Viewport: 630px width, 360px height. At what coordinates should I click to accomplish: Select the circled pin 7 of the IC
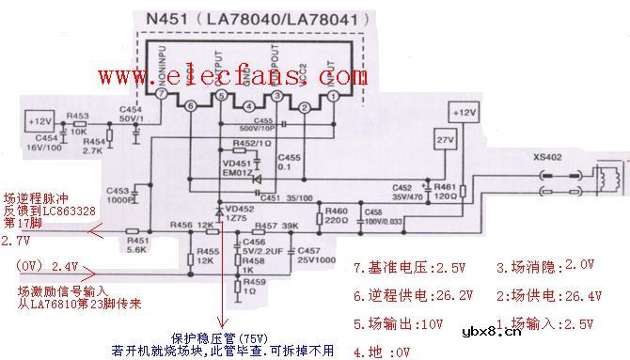click(x=163, y=96)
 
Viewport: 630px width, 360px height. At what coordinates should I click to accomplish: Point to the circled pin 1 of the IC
click(x=333, y=96)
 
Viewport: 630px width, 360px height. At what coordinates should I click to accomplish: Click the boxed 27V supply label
click(x=442, y=142)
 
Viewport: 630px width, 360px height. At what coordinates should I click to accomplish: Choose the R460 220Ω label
click(x=336, y=214)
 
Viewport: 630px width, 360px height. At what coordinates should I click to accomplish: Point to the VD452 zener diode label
click(x=238, y=212)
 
